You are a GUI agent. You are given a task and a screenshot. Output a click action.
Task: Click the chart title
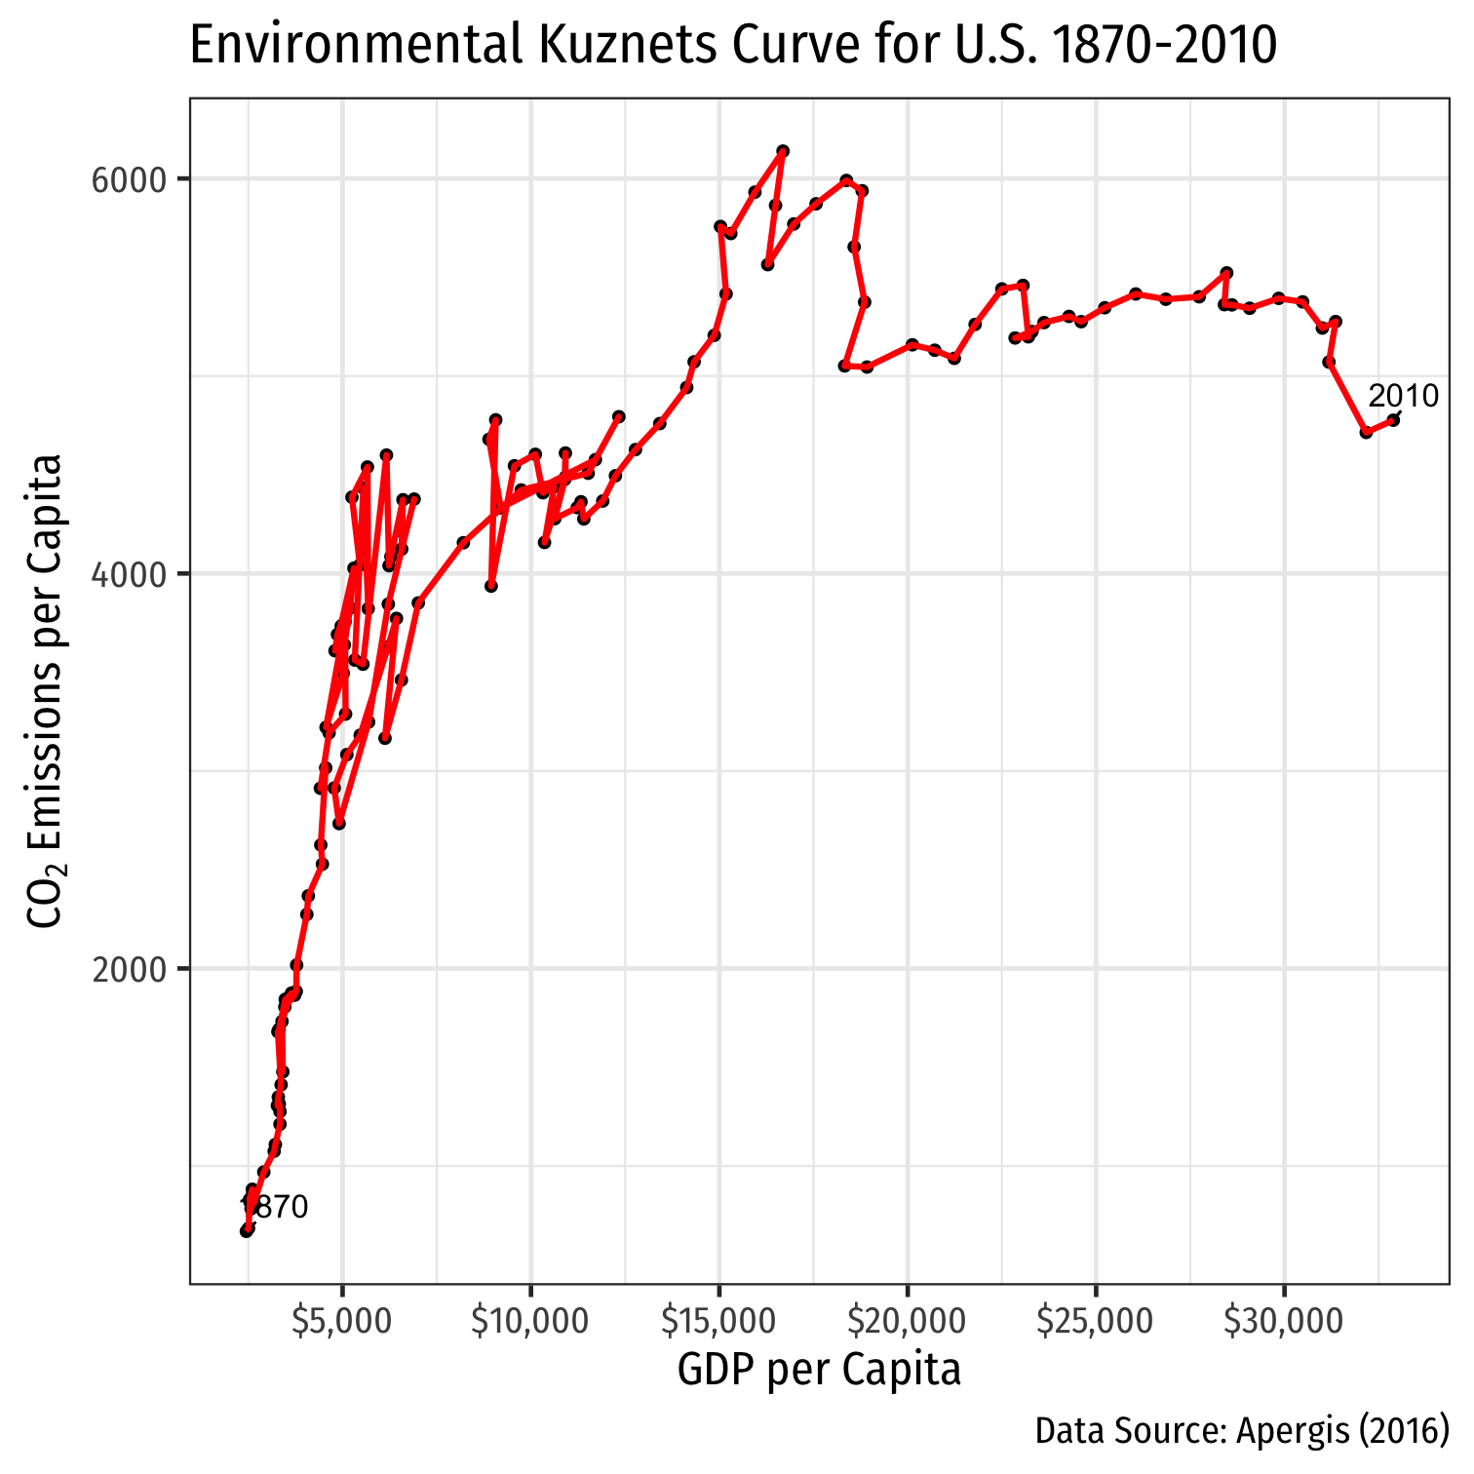pyautogui.click(x=732, y=45)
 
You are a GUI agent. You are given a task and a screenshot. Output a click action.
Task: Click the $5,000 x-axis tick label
pyautogui.click(x=342, y=1322)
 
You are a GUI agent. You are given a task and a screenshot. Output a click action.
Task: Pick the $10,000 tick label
pyautogui.click(x=530, y=1322)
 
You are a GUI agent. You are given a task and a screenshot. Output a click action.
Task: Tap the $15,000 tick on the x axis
pyautogui.click(x=718, y=1322)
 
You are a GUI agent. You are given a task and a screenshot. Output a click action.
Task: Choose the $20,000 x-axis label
pyautogui.click(x=908, y=1322)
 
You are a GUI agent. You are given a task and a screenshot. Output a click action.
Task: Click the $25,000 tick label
pyautogui.click(x=1096, y=1322)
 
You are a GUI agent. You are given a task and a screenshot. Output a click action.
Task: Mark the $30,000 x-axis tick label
pyautogui.click(x=1284, y=1322)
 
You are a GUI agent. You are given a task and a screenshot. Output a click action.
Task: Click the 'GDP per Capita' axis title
pyautogui.click(x=819, y=1370)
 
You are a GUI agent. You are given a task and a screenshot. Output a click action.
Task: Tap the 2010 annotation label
pyautogui.click(x=1403, y=397)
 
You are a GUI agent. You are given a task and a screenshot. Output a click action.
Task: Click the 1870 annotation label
pyautogui.click(x=275, y=1208)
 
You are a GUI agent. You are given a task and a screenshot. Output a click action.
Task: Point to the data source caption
pyautogui.click(x=1242, y=1431)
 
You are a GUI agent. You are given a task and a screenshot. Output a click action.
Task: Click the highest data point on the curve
pyautogui.click(x=782, y=151)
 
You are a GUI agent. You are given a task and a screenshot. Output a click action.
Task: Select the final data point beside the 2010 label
pyautogui.click(x=1393, y=420)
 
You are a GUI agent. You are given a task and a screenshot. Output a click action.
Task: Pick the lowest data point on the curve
pyautogui.click(x=247, y=1231)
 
